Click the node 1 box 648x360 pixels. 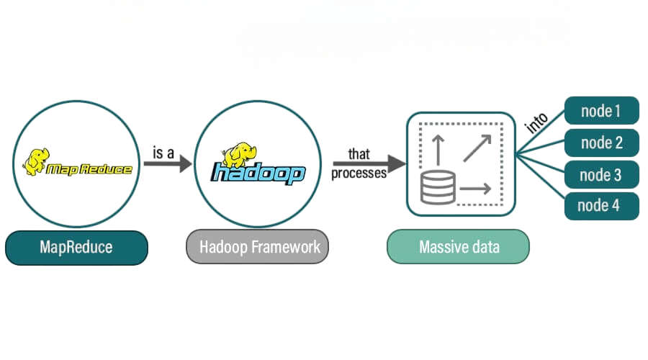click(601, 111)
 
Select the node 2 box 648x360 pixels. click(601, 143)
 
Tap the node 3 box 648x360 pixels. click(601, 174)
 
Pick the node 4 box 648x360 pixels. click(601, 206)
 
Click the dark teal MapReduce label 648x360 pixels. click(76, 248)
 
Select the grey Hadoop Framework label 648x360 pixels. click(259, 248)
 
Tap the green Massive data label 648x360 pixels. click(458, 248)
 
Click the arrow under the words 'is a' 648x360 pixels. click(167, 164)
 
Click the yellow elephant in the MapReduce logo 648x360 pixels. click(36, 160)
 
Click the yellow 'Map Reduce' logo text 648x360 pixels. click(89, 169)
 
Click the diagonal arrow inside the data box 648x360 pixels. click(477, 148)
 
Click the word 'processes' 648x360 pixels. click(359, 173)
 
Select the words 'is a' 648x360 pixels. click(165, 152)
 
